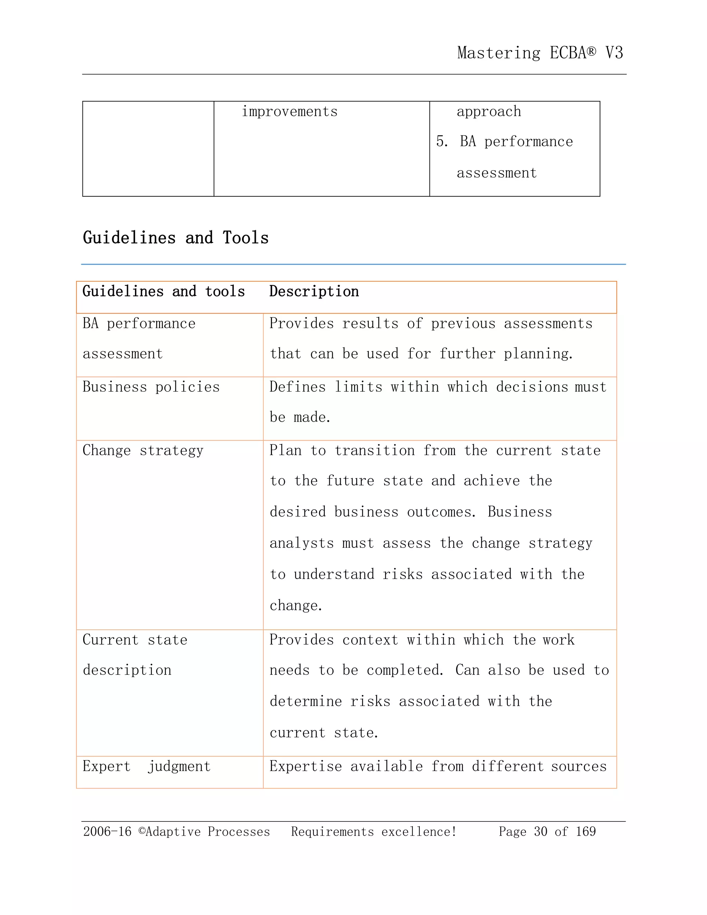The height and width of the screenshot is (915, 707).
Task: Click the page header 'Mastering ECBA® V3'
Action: pyautogui.click(x=540, y=53)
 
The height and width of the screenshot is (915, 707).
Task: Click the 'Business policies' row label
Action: pyautogui.click(x=151, y=387)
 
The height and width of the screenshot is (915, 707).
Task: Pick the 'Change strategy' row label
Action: pyautogui.click(x=143, y=450)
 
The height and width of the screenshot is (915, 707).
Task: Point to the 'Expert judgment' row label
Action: pyautogui.click(x=146, y=766)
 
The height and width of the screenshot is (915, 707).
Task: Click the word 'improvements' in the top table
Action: pyautogui.click(x=289, y=112)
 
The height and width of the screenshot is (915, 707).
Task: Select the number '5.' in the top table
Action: pyautogui.click(x=442, y=142)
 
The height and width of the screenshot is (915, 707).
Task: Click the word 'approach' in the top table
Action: pyautogui.click(x=489, y=112)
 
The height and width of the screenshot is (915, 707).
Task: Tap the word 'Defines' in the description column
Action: pyautogui.click(x=297, y=387)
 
